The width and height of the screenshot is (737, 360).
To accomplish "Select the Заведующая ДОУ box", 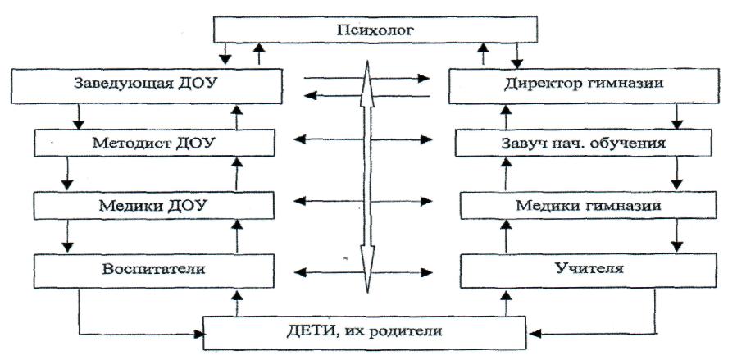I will click(x=148, y=85).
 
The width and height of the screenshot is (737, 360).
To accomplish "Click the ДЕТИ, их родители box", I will click(x=363, y=331).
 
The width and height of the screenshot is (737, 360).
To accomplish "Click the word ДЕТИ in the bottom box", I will click(x=308, y=331).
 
